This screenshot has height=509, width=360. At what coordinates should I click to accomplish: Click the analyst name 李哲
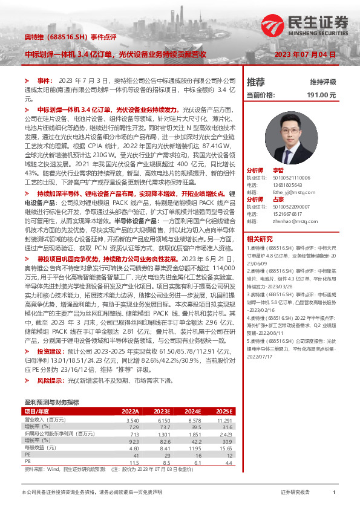tap(295, 170)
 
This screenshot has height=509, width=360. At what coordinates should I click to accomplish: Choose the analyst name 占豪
tap(295, 199)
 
